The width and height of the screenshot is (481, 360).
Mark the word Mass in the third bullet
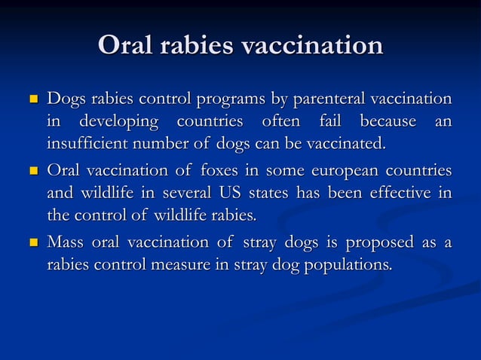point(66,243)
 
